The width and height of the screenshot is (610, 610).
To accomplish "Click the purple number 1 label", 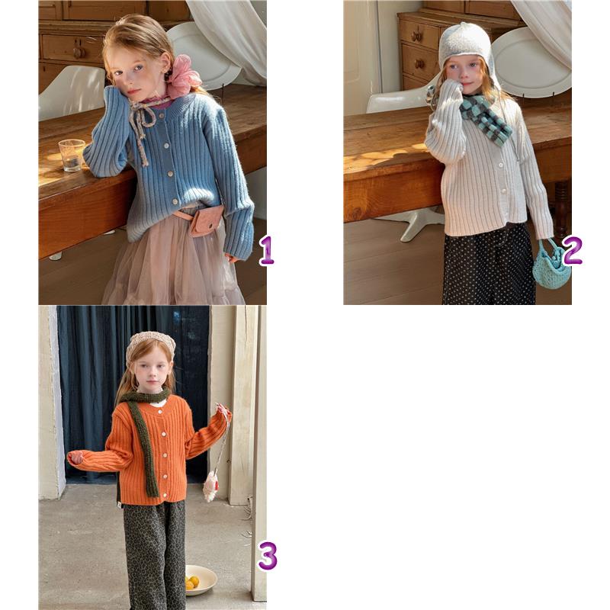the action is click(267, 251).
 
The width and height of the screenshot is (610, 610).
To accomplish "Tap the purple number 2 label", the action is click(572, 250).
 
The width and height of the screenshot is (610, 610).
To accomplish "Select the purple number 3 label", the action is click(268, 556).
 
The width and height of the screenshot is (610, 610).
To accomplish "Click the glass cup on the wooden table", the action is click(72, 156).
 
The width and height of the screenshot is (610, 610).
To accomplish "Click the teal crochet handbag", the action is click(551, 265).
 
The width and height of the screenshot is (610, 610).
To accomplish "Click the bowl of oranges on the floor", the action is click(201, 580).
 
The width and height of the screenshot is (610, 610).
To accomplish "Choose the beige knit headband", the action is click(149, 345).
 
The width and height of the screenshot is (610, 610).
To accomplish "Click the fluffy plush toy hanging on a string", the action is click(210, 486).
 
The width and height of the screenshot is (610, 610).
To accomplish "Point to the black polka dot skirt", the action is click(489, 265).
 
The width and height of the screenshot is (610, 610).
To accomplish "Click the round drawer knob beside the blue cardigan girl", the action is click(79, 52).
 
